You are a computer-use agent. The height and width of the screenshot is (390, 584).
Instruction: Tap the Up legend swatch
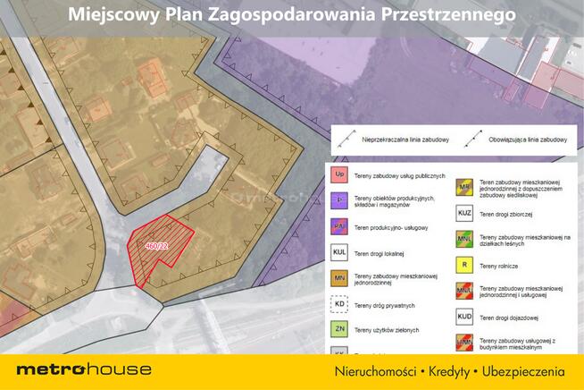pyautogui.click(x=339, y=174)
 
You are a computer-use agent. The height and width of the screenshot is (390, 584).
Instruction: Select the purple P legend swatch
pyautogui.click(x=339, y=200)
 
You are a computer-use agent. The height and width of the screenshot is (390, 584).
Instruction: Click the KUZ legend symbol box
pyautogui.click(x=464, y=214)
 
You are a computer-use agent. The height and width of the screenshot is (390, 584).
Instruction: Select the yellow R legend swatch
pyautogui.click(x=464, y=265)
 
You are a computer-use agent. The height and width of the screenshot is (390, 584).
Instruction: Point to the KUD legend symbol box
pyautogui.click(x=464, y=316)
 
